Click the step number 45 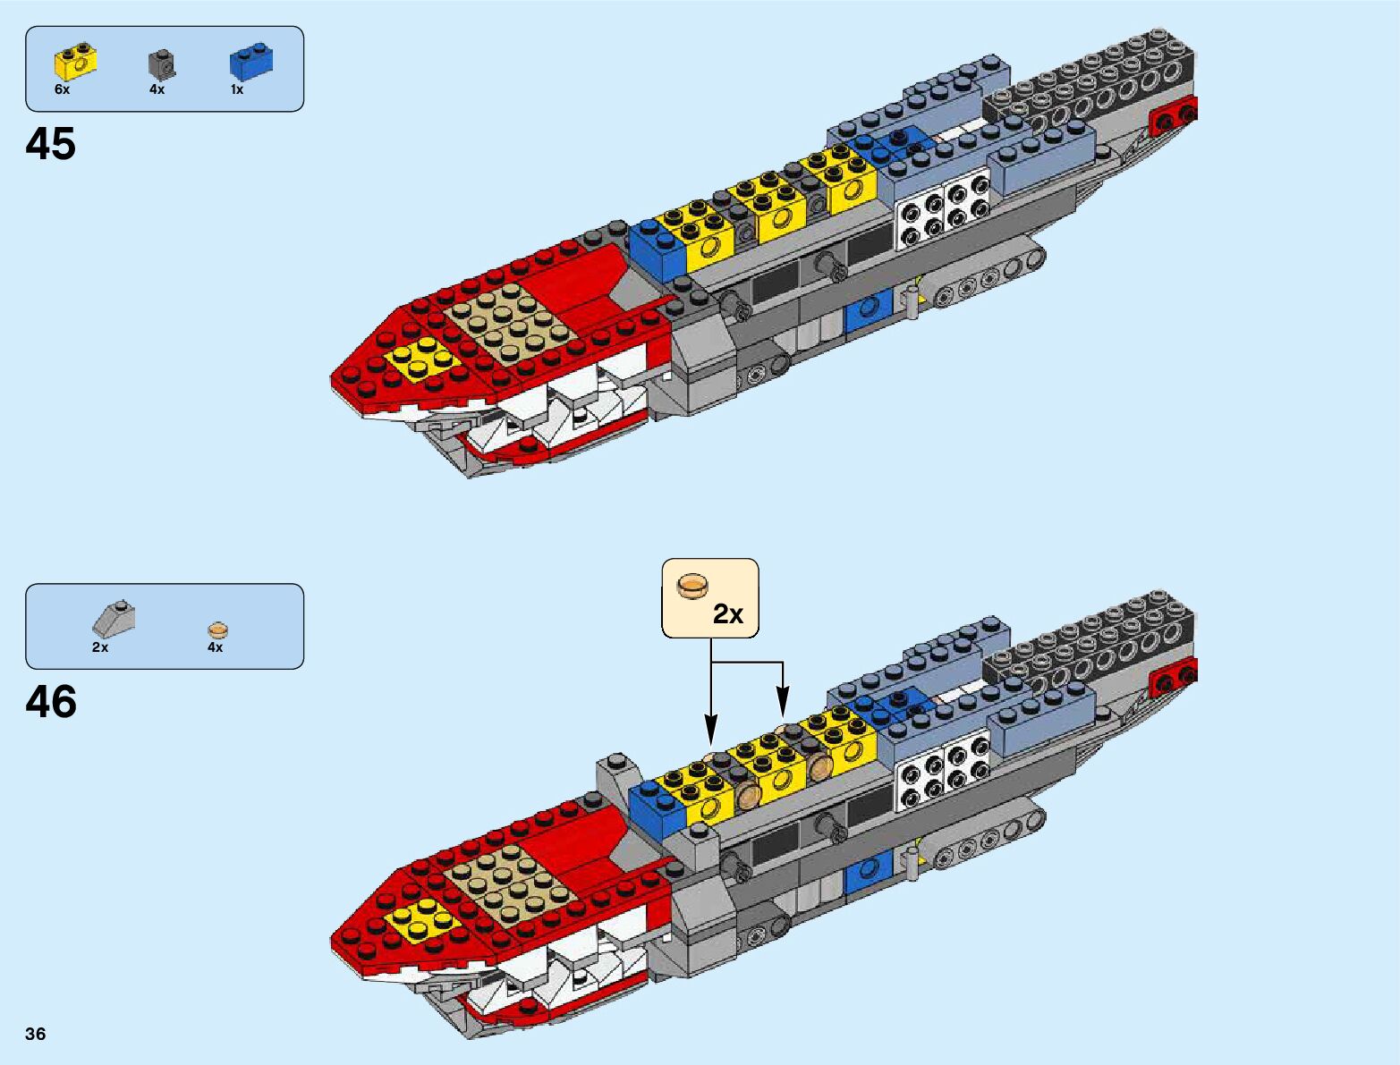[x=51, y=144]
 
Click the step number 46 [x=51, y=702]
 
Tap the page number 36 [x=35, y=1034]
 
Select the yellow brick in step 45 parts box [x=75, y=61]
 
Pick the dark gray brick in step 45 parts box [x=161, y=63]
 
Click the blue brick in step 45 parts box [x=250, y=61]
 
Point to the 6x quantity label [x=62, y=89]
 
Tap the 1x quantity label [x=236, y=89]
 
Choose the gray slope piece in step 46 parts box [x=114, y=618]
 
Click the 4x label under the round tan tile [x=215, y=647]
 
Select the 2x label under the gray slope [x=99, y=647]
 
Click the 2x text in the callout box [x=727, y=614]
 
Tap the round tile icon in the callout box [x=692, y=585]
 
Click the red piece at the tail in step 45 [x=1175, y=116]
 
